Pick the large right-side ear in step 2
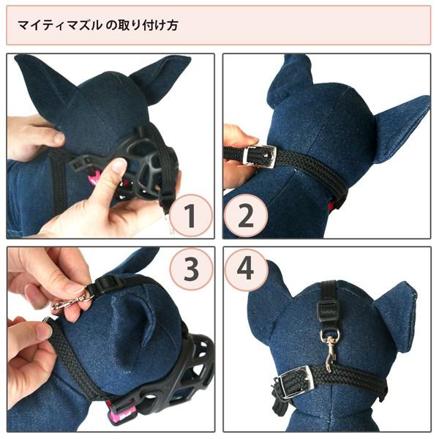[399, 124]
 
